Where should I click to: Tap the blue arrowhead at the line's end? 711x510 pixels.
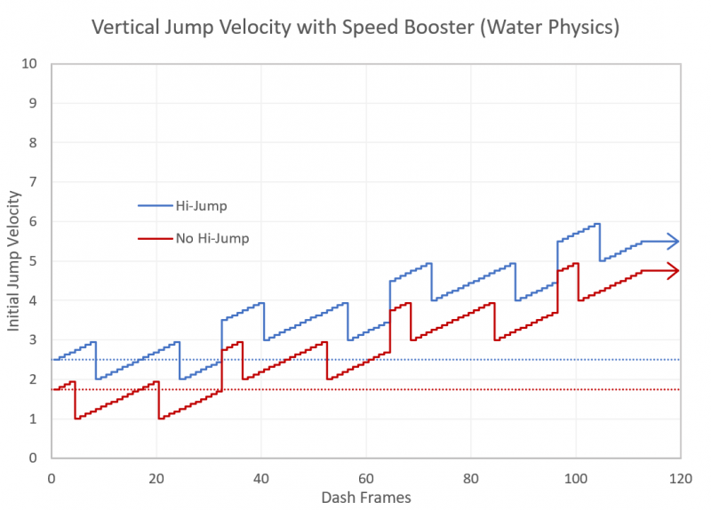pos(675,242)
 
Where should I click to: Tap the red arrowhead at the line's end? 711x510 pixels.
pos(675,270)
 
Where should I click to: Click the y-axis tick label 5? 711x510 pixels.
pos(33,261)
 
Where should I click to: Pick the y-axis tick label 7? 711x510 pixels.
pos(33,182)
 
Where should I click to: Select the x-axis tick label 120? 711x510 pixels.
pos(682,478)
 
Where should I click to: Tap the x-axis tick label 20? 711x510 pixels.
pos(157,478)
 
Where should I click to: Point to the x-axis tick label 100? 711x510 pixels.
pos(577,478)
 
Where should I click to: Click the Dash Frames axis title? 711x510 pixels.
pos(367,498)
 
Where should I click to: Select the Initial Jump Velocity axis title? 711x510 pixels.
pos(13,261)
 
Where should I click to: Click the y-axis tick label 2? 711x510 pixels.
pos(33,379)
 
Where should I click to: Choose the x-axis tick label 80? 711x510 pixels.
pos(472,478)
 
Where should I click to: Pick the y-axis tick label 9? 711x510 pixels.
pos(33,103)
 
